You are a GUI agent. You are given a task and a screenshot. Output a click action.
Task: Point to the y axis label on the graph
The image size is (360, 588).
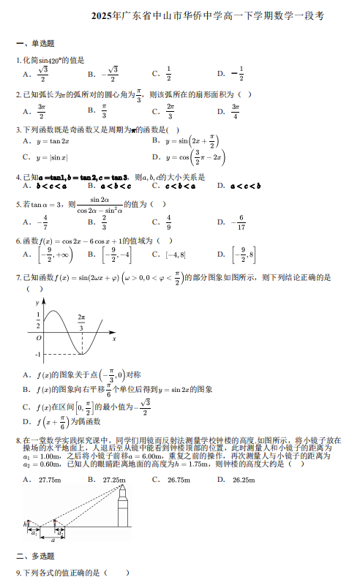[37, 302]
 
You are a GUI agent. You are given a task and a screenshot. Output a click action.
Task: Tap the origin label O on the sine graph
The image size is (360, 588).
[38, 338]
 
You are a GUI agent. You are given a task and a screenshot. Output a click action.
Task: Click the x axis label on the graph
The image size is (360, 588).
[114, 338]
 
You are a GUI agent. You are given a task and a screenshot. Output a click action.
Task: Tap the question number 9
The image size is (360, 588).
[19, 573]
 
